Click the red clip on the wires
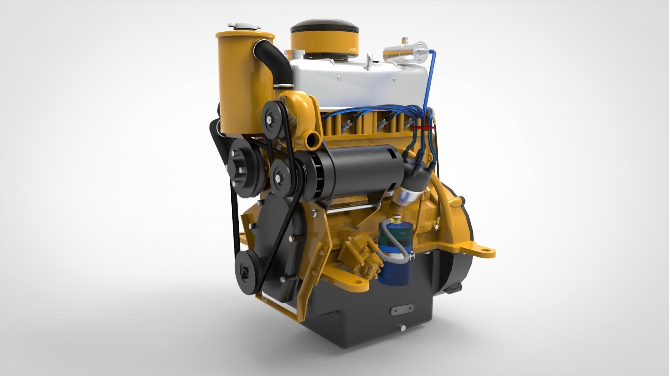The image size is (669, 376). [x=422, y=128]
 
